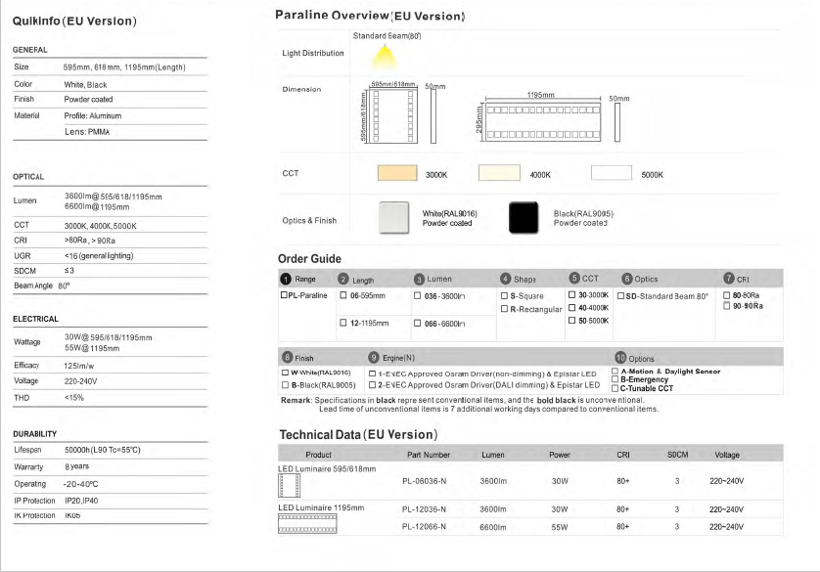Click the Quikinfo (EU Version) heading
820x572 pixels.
click(x=73, y=21)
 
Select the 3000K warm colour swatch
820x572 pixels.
click(x=397, y=174)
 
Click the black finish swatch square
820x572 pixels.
click(x=529, y=217)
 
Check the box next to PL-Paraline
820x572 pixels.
click(x=285, y=295)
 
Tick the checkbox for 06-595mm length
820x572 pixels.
click(x=343, y=295)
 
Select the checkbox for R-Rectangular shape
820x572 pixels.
click(x=504, y=309)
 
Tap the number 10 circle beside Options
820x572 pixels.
click(x=620, y=359)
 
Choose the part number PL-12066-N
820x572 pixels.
click(x=424, y=527)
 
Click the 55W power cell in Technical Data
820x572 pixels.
click(x=559, y=527)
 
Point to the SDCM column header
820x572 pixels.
click(x=677, y=455)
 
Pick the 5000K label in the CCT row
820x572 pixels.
click(x=652, y=175)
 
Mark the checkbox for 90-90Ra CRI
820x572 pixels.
click(x=727, y=306)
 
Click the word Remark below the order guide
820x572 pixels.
click(x=296, y=401)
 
